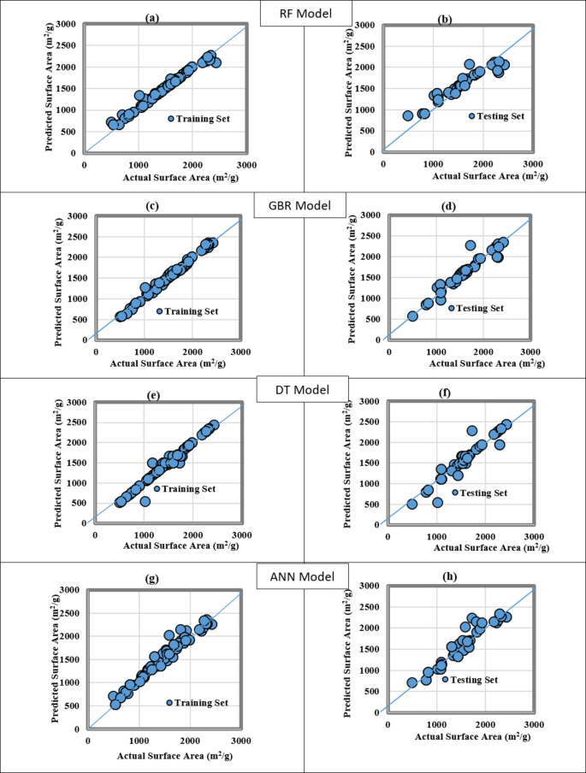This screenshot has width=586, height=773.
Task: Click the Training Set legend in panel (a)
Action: click(x=193, y=119)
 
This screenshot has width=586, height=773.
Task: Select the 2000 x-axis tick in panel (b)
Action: click(x=482, y=162)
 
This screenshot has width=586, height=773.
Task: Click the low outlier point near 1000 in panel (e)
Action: click(x=145, y=501)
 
